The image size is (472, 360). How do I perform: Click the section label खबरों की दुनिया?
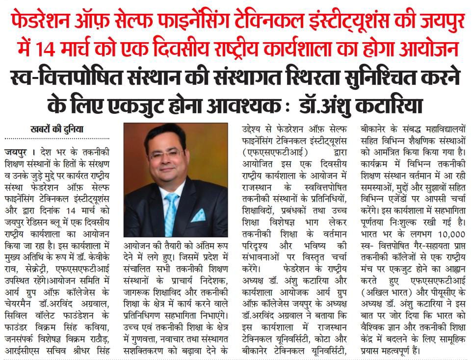[x=56, y=129]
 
